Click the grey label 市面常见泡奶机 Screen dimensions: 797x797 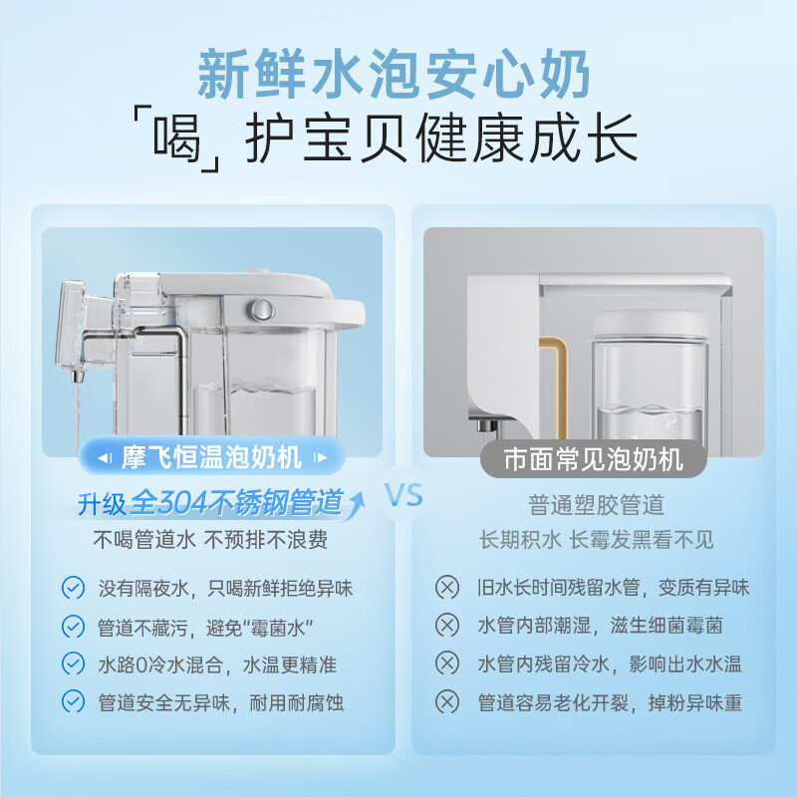pos(594,459)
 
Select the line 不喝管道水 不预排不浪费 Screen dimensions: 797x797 pos(210,541)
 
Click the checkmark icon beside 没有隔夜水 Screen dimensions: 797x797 pos(73,588)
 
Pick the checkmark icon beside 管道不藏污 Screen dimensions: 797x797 pos(73,627)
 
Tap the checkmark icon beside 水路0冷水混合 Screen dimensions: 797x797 pos(73,664)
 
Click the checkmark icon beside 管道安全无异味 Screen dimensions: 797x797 pos(73,702)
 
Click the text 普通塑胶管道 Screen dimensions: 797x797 pos(596,506)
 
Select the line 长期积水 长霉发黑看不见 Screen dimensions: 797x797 pos(596,541)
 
